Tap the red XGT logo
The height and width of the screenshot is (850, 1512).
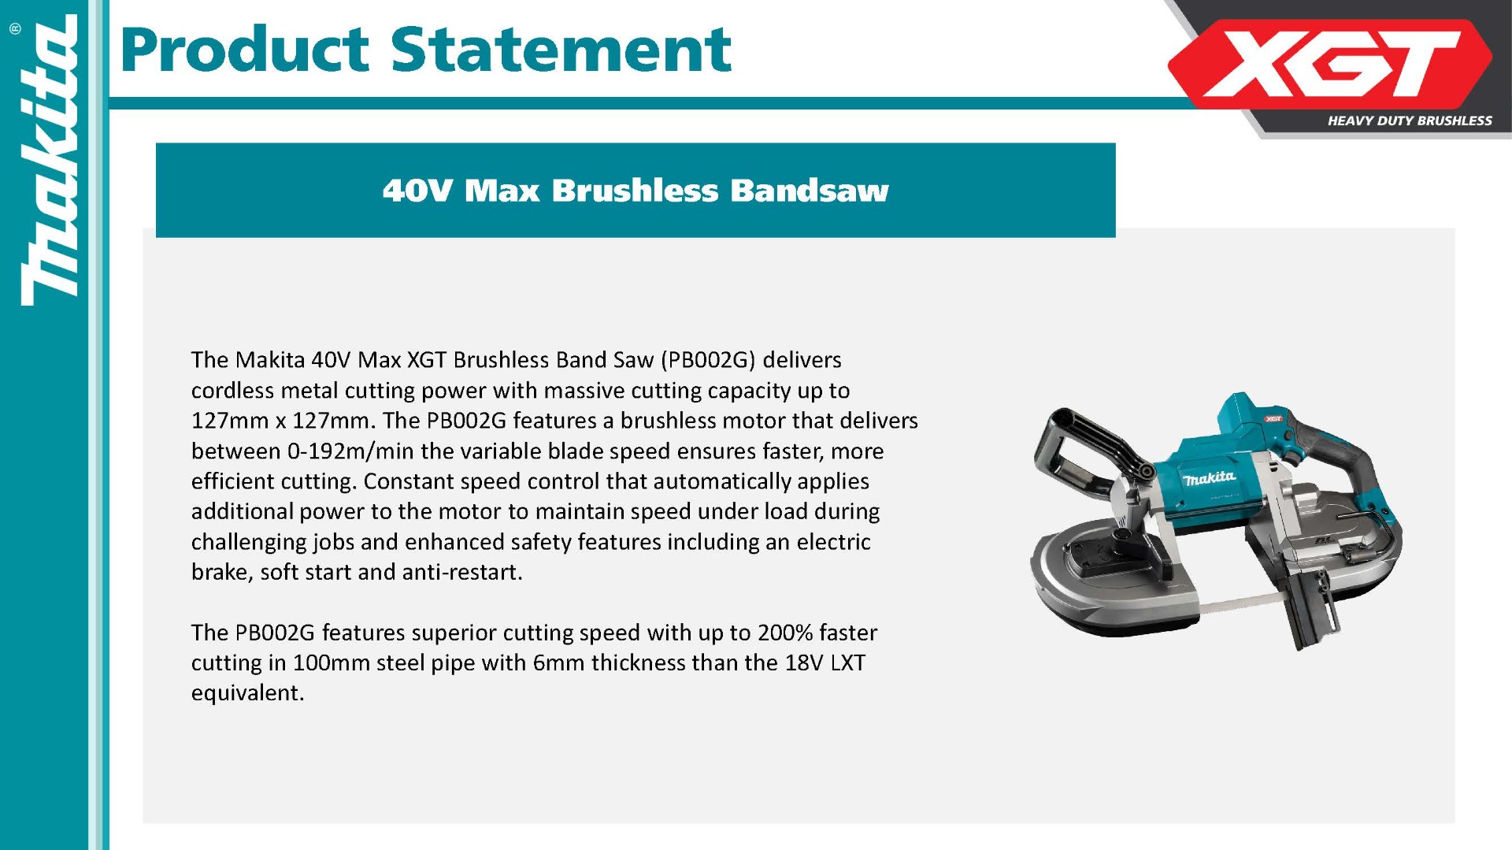1330,64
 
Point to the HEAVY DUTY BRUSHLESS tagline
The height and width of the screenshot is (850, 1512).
1410,121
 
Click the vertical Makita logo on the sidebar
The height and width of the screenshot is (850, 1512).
50,161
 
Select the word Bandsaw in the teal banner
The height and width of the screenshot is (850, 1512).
809,191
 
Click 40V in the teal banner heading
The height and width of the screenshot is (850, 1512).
417,191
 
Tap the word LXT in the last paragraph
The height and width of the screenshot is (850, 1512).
847,663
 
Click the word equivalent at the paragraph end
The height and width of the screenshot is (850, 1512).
247,693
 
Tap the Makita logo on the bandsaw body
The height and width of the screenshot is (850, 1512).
1209,477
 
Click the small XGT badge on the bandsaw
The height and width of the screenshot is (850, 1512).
1273,419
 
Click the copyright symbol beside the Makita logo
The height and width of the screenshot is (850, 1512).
16,29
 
